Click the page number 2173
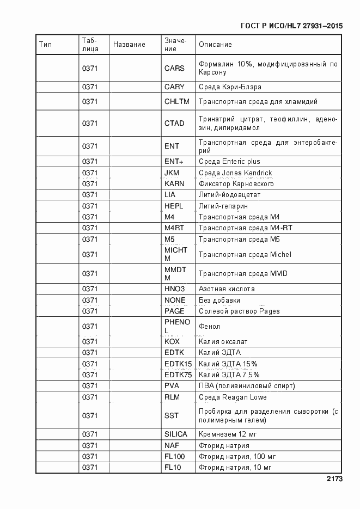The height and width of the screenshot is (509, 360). point(334,480)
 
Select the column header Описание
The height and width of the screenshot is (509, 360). point(215,45)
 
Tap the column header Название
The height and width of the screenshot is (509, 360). point(129,45)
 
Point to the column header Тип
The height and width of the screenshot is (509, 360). point(45,45)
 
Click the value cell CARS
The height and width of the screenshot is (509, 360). point(174,69)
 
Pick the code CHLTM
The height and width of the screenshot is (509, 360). point(176,101)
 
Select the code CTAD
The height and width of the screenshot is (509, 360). point(174,124)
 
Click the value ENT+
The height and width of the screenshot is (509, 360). point(174,162)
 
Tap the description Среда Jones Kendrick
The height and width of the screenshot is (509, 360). point(235,173)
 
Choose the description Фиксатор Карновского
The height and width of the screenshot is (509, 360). point(236,184)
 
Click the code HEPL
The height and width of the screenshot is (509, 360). point(174,206)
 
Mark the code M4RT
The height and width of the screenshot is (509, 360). point(174,228)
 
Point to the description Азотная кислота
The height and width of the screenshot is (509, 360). point(227,289)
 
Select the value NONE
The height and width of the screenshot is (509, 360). point(175,301)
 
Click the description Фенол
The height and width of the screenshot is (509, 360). point(209,327)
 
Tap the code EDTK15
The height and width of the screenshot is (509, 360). point(178,364)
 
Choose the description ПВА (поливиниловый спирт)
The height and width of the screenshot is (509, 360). point(247,386)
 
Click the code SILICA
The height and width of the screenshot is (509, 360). point(175,434)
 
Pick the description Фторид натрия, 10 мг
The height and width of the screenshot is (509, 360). point(235,468)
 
